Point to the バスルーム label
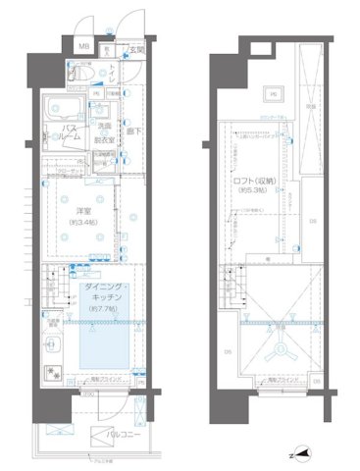[61, 134]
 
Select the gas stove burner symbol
[51, 375]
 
